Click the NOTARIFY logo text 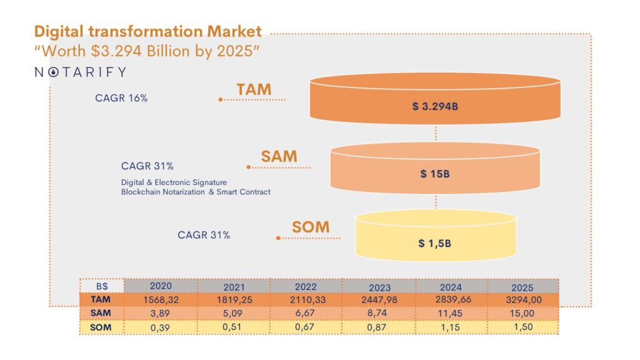[80, 72]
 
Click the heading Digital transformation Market [148, 31]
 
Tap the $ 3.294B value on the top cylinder [435, 106]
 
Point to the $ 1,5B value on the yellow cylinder [434, 242]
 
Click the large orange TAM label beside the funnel [254, 89]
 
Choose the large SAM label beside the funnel [279, 157]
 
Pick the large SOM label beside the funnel [310, 226]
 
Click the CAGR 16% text [121, 98]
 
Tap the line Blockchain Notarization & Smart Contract [196, 192]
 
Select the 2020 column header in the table [161, 285]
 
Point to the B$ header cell [101, 286]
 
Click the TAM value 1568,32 [161, 300]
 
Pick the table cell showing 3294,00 [522, 300]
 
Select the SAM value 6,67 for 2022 [306, 312]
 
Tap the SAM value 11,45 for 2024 [451, 312]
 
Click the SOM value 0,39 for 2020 [161, 326]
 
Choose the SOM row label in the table [101, 326]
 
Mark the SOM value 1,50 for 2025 [522, 326]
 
